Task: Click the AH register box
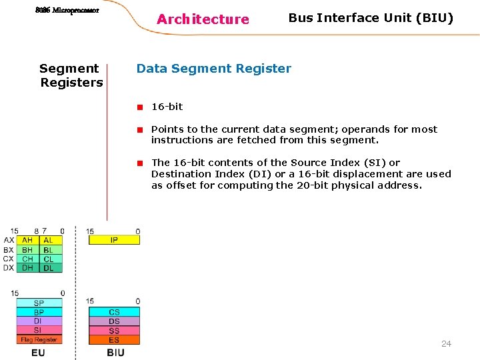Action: click(x=27, y=240)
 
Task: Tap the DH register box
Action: click(x=27, y=268)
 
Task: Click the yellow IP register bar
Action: click(x=114, y=240)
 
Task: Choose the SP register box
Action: click(x=39, y=303)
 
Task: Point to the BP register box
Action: click(x=39, y=312)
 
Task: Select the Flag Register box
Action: click(x=39, y=339)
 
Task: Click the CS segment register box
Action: click(x=114, y=312)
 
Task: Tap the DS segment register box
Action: click(x=114, y=321)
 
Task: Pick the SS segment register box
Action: click(x=114, y=331)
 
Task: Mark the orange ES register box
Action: click(x=114, y=340)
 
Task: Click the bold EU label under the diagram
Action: click(x=38, y=352)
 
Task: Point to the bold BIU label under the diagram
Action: click(x=115, y=352)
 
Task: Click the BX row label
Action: click(x=8, y=249)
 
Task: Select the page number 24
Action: click(x=446, y=344)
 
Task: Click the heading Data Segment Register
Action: click(x=213, y=68)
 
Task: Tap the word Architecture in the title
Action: click(x=203, y=19)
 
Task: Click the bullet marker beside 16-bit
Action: click(x=141, y=107)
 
